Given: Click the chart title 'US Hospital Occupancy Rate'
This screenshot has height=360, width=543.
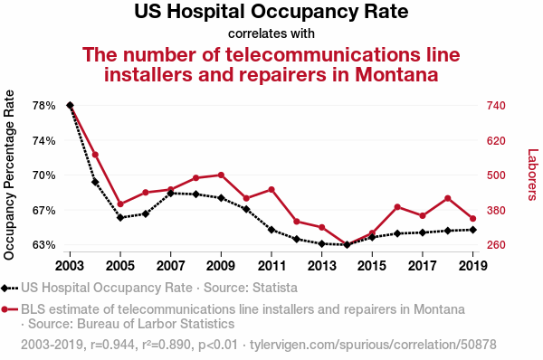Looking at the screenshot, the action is pos(271,12).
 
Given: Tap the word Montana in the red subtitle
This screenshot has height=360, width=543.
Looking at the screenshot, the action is pos(396,74).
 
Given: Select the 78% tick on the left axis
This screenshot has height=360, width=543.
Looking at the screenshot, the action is pos(44,106).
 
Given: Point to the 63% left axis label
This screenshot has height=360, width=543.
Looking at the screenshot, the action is pos(44,245).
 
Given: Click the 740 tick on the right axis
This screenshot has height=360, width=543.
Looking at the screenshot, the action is pos(496,106).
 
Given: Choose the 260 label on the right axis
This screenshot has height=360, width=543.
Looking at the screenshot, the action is pos(496,245).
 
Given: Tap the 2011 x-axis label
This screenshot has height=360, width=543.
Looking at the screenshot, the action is pos(271,266).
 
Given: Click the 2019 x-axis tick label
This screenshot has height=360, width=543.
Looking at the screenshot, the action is pos(473,266).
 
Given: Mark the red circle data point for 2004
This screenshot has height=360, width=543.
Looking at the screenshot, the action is pos(95,155).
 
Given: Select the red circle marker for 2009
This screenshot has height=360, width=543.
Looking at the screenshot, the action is pos(221,175).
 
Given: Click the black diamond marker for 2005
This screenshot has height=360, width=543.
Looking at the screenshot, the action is pos(120,218).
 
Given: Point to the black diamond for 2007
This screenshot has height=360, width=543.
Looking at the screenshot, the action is pos(171,194).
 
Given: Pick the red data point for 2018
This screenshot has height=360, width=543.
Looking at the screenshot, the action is pos(448,198).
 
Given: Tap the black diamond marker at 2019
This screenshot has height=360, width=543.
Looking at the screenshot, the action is pos(473,230).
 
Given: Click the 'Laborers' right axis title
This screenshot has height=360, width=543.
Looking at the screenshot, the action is pos(533,175).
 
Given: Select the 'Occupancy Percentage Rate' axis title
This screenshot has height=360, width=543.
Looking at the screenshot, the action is pos(9,175).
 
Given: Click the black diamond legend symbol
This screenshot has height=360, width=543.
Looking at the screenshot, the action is pos(5,288).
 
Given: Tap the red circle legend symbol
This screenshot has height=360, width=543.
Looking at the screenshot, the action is pos(5,309).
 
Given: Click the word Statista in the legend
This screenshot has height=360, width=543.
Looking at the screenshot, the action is pos(275,288).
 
